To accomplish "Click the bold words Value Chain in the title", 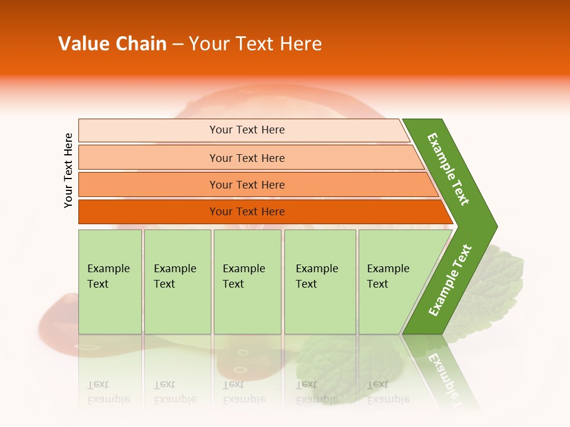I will click(x=112, y=44).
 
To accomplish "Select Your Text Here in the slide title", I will click(x=255, y=44).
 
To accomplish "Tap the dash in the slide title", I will click(x=178, y=44).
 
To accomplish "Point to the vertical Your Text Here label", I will click(x=68, y=170).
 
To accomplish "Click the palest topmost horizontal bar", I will click(x=246, y=130).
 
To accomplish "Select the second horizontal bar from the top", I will click(x=246, y=158).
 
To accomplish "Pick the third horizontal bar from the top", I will click(x=246, y=184).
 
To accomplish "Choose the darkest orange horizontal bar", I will click(x=246, y=212).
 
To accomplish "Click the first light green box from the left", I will click(x=110, y=282).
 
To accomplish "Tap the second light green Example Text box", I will click(x=177, y=282).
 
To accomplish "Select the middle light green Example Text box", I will click(x=247, y=282).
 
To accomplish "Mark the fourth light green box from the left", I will click(x=319, y=282).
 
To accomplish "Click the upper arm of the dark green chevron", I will click(x=449, y=169).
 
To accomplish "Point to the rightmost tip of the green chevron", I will click(x=494, y=227).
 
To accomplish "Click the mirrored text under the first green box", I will click(x=109, y=392).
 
